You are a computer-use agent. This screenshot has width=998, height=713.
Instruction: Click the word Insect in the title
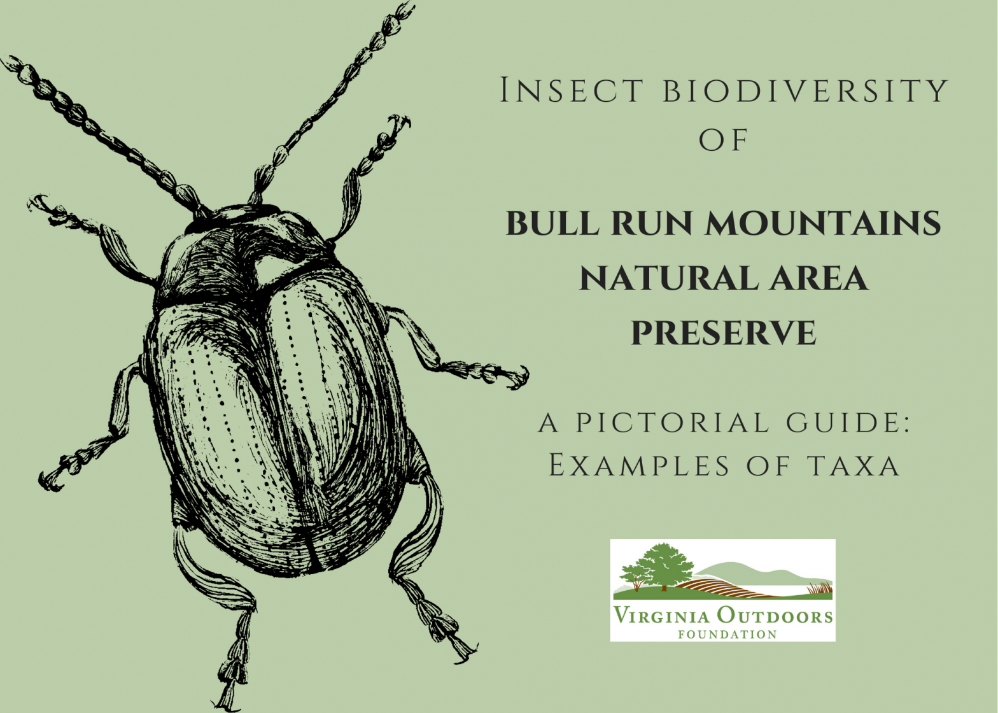(x=572, y=90)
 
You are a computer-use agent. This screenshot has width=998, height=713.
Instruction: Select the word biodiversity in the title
(x=806, y=90)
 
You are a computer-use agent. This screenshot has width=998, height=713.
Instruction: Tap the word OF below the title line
(x=723, y=140)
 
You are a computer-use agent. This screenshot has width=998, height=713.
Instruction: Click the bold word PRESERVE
(x=723, y=333)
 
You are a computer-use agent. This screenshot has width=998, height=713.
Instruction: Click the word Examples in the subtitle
(x=639, y=465)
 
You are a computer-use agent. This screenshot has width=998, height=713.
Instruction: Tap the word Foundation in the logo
(x=727, y=635)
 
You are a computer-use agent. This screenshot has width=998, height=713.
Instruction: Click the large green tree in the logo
(x=662, y=563)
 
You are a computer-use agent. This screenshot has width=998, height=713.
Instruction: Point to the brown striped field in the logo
(x=719, y=587)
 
